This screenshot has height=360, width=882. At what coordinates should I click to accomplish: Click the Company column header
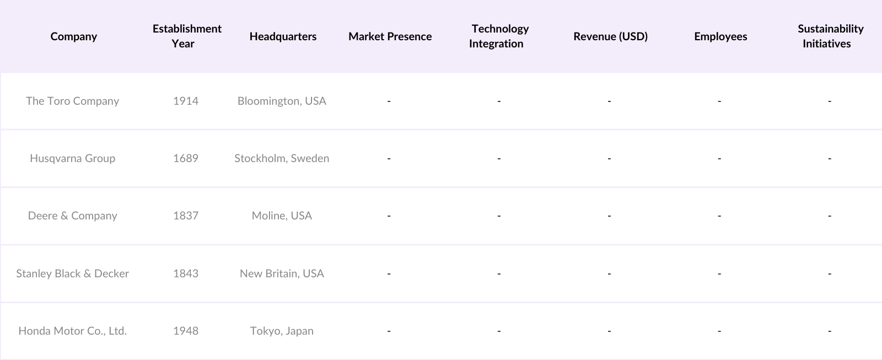73,36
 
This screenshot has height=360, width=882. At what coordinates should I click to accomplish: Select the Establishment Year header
187,36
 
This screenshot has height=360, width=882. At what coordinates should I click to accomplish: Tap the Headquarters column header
283,36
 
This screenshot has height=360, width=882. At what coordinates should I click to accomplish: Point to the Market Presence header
390,36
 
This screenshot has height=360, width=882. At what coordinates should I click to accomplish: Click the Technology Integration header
499,36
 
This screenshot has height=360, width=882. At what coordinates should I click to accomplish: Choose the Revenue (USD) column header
610,36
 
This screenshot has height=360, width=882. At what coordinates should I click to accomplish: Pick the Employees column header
720,36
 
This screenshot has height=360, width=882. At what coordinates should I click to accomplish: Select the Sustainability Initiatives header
830,36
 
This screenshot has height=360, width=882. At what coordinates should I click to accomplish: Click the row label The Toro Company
72,101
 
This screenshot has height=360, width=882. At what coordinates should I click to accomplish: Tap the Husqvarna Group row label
72,158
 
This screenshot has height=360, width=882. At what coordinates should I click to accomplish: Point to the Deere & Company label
72,216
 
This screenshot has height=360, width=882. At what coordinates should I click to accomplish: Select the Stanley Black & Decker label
72,273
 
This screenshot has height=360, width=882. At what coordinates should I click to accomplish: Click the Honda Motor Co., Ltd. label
72,331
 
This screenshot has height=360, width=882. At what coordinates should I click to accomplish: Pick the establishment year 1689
186,158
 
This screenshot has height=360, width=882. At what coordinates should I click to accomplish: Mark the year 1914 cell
186,101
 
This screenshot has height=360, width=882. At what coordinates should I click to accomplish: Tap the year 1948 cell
186,331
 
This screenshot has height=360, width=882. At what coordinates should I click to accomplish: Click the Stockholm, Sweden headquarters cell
282,158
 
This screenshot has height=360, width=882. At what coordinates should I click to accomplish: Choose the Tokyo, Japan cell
282,331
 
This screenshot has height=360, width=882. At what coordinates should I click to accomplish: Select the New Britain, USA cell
282,273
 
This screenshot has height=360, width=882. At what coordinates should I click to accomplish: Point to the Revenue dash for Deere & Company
609,216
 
